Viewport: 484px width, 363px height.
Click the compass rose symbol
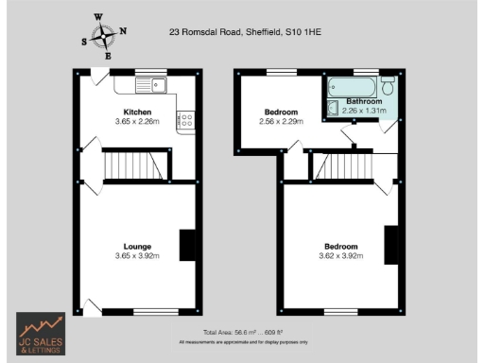coord(103,36)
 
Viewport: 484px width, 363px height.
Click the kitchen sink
coord(150,87)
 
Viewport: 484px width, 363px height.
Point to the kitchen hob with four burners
coord(186,120)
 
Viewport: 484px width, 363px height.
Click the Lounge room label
coord(137,247)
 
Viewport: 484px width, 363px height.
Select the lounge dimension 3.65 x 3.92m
coord(137,256)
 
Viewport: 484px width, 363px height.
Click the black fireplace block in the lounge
coord(187,245)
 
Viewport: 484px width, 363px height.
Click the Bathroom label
coord(364,100)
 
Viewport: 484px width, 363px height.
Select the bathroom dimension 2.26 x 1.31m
coord(364,110)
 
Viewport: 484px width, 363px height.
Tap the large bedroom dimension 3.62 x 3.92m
coord(341,256)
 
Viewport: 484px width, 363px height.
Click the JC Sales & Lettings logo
coord(41,333)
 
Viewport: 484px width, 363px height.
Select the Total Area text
coord(244,332)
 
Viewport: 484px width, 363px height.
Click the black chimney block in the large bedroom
coord(390,244)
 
